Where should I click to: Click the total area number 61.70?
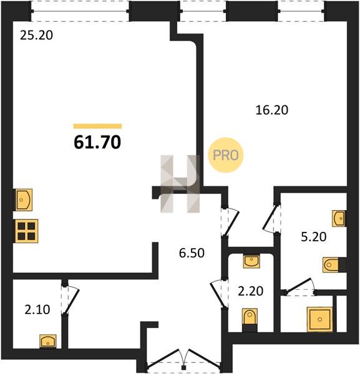coord(97,142)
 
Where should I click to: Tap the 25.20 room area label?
coord(36,36)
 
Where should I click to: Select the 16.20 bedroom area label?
coord(271,110)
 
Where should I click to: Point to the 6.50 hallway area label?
coord(192,253)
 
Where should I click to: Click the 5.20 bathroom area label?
coord(313,237)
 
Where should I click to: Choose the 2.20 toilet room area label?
coord(251,291)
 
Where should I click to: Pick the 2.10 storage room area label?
coord(37,310)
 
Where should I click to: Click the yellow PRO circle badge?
coord(226,155)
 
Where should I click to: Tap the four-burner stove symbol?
coord(26,231)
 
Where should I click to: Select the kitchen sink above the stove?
coord(24,200)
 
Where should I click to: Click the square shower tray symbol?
coord(319,319)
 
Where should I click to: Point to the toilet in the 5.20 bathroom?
coord(331,265)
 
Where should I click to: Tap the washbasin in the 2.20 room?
coord(251,261)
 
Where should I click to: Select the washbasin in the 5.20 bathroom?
coord(339,218)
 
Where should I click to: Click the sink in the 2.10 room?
coord(48,341)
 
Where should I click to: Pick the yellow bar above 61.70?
coord(97,126)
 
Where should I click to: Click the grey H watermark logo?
coord(180,184)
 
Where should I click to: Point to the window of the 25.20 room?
coord(80,11)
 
